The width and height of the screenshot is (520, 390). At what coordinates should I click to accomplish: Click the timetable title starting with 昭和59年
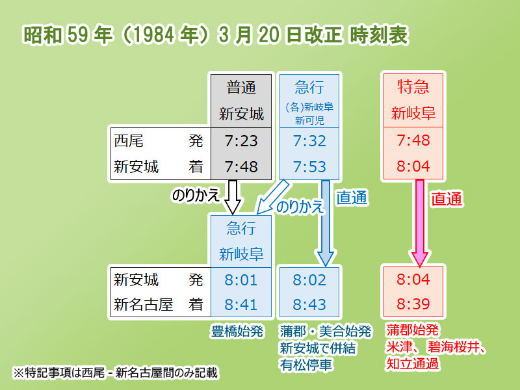(216, 35)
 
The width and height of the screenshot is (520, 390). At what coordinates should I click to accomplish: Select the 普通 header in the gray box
(241, 88)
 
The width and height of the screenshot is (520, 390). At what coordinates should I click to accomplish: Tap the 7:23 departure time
(241, 141)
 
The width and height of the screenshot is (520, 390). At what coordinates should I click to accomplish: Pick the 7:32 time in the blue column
(309, 141)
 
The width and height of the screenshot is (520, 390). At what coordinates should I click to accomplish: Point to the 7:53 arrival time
(309, 166)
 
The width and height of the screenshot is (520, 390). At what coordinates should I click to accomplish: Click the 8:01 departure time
(241, 280)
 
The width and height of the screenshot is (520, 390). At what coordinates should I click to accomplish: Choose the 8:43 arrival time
(309, 304)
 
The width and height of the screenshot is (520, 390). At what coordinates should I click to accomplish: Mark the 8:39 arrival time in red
(413, 304)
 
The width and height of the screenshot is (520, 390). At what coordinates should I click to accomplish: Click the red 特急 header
(413, 87)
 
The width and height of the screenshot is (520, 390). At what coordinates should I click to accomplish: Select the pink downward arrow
(420, 223)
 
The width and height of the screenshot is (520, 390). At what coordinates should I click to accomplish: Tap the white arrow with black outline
(233, 197)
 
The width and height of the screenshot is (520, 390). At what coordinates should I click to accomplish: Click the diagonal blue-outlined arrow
(272, 198)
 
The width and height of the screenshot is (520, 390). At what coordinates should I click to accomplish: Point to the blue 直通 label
(352, 198)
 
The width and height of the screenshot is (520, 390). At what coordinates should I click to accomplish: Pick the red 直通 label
(447, 199)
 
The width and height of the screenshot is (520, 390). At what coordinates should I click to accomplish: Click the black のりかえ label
(196, 194)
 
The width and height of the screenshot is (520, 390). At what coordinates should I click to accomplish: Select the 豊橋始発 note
(237, 331)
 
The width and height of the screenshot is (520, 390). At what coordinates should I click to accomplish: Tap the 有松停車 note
(305, 365)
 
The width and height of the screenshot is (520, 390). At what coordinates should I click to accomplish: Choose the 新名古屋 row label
(143, 304)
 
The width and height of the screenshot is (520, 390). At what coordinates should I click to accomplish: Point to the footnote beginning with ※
(115, 372)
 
